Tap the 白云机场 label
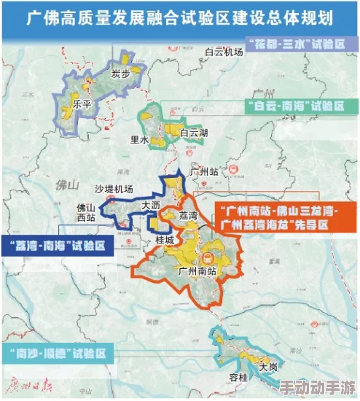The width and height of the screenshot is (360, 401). coord(224,52)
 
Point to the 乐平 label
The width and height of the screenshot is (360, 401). coord(82,104)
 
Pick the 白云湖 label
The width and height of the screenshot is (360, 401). coord(194,133)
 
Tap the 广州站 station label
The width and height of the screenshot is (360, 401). coord(203,172)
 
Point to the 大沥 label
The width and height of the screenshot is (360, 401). coord(152,206)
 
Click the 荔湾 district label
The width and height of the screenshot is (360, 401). coord(187,216)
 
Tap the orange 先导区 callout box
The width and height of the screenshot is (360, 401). coord(274,218)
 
